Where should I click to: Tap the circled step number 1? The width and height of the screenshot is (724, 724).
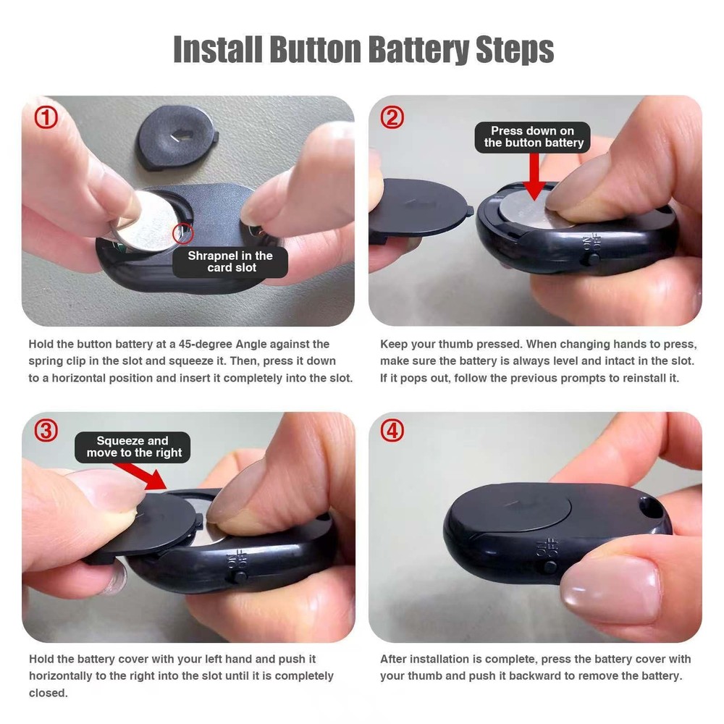[x=46, y=117]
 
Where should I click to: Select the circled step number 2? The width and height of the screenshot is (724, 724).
[x=392, y=117]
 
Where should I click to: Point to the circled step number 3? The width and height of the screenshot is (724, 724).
[x=46, y=431]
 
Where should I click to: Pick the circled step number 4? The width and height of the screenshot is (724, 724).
[x=392, y=431]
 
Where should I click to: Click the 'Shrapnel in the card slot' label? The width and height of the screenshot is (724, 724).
[x=230, y=262]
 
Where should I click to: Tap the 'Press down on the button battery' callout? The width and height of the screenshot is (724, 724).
[x=533, y=137]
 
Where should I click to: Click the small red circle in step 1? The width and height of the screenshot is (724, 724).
[x=183, y=232]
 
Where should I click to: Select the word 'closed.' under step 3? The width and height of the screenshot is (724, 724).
[x=48, y=693]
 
